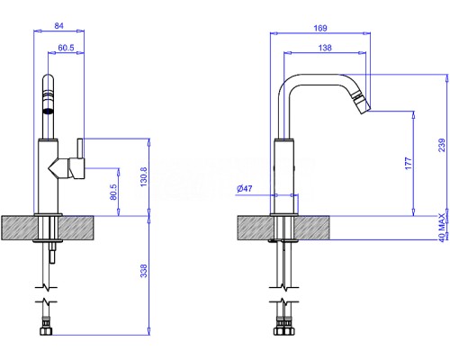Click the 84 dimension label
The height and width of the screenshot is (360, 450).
click(x=58, y=26)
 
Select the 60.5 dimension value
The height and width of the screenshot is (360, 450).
click(x=66, y=48)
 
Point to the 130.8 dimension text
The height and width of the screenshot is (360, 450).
click(x=144, y=177)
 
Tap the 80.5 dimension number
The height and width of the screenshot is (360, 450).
click(x=113, y=192)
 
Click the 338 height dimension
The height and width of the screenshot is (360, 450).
click(x=144, y=271)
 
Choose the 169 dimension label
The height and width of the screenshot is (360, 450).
click(x=320, y=28)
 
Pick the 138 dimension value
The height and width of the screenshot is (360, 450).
click(x=325, y=48)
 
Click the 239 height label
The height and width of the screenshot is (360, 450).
click(x=442, y=145)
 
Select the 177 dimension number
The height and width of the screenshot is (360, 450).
click(x=409, y=163)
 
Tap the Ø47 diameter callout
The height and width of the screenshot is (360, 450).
click(x=245, y=189)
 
